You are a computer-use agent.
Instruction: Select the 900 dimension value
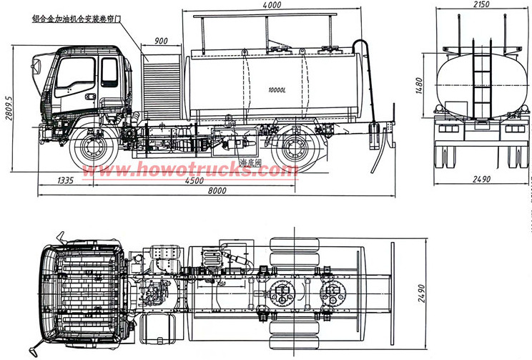point(161,41)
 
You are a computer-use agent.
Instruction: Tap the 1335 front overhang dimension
point(65,180)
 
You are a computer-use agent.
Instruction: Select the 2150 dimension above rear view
point(481,6)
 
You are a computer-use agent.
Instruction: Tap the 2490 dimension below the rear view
point(481,179)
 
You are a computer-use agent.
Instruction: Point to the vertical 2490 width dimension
point(421,292)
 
